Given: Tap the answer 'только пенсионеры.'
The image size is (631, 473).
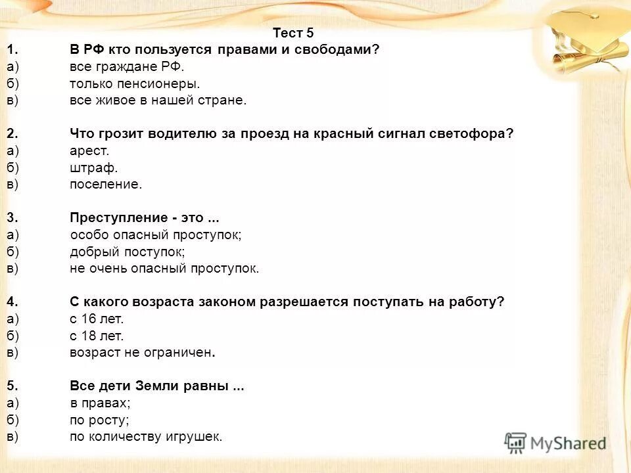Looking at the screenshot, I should (x=134, y=83).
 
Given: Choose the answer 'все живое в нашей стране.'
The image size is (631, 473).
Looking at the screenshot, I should (x=158, y=101).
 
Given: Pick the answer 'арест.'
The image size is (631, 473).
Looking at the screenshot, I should (x=89, y=151).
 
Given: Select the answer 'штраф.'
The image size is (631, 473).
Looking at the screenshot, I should (x=94, y=168).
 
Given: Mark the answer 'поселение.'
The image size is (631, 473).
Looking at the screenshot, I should (x=106, y=185).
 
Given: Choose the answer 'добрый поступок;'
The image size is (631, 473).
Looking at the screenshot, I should (x=128, y=252).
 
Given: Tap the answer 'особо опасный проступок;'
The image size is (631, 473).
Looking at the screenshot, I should (x=156, y=235).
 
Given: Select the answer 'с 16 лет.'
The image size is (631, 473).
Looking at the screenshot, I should (x=97, y=319).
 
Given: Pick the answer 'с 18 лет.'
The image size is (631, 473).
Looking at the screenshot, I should (x=97, y=336).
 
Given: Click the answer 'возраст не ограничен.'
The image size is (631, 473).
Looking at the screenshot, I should (x=143, y=353).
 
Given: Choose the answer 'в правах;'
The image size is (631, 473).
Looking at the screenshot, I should (x=100, y=403).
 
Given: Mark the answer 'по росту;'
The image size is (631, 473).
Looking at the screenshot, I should (x=99, y=420).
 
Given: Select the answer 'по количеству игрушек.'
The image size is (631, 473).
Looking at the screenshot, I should (x=147, y=437).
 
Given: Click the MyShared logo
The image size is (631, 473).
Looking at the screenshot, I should (x=555, y=443).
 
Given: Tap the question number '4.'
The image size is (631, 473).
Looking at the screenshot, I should (x=12, y=302).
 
